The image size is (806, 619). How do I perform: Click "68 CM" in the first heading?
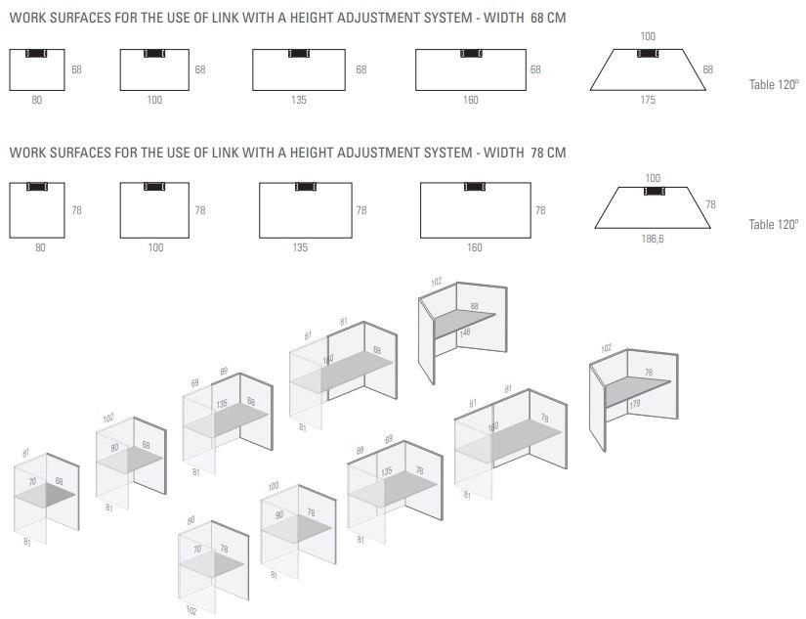pos(548,18)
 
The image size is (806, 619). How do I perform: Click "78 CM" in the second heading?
pos(548,153)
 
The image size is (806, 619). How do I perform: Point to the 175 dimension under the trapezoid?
pos(648,100)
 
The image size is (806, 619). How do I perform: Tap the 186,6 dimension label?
pos(653,239)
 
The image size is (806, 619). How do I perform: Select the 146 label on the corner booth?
pos(465,332)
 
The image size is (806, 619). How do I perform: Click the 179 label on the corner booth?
pos(635,404)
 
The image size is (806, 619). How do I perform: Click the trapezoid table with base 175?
pos(648,70)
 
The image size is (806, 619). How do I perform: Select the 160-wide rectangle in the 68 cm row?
pos(471,70)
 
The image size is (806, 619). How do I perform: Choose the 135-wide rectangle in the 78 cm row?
pos(306,210)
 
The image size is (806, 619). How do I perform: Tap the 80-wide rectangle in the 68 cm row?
pos(37,70)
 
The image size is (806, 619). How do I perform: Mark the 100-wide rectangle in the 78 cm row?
pos(154,210)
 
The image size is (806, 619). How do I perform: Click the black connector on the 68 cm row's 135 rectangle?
pos(299,53)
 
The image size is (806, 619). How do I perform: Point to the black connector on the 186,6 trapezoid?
pos(655,192)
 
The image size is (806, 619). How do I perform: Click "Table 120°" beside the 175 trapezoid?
pos(774,84)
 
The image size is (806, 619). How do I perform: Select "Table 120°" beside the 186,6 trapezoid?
pos(774,224)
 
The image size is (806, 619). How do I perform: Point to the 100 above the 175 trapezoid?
pos(648,36)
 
